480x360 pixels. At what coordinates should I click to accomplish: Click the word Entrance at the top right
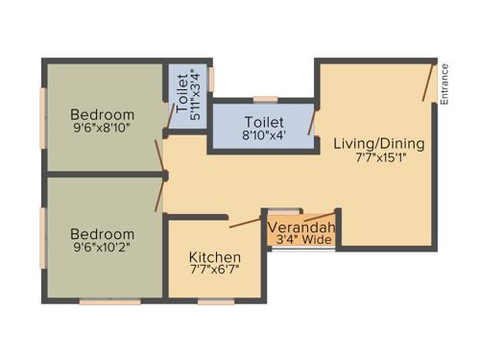click(x=444, y=84)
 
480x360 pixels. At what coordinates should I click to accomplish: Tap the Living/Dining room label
click(x=378, y=144)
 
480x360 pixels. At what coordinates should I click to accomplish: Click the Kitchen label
click(x=214, y=258)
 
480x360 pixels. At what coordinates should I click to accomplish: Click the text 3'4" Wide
click(x=303, y=240)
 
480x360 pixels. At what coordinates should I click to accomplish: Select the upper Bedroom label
click(x=104, y=115)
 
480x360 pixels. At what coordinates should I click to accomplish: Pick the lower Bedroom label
click(x=104, y=234)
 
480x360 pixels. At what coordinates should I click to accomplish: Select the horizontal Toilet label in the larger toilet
click(x=264, y=122)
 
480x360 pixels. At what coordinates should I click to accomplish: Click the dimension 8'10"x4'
click(x=264, y=137)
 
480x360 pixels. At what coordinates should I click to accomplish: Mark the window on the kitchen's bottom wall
click(x=215, y=302)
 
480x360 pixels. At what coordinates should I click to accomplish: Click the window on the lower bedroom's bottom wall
click(x=109, y=302)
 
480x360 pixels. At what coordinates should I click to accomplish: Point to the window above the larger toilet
click(x=265, y=98)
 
